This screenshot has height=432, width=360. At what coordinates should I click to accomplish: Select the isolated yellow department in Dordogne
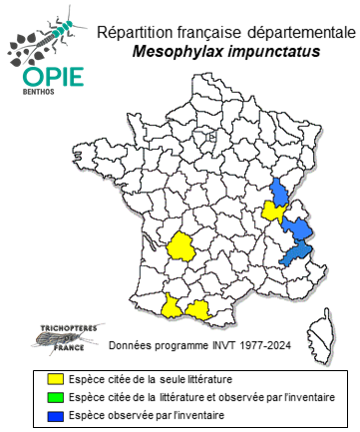[182, 245]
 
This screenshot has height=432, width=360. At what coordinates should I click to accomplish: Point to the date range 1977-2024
[276, 348]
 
